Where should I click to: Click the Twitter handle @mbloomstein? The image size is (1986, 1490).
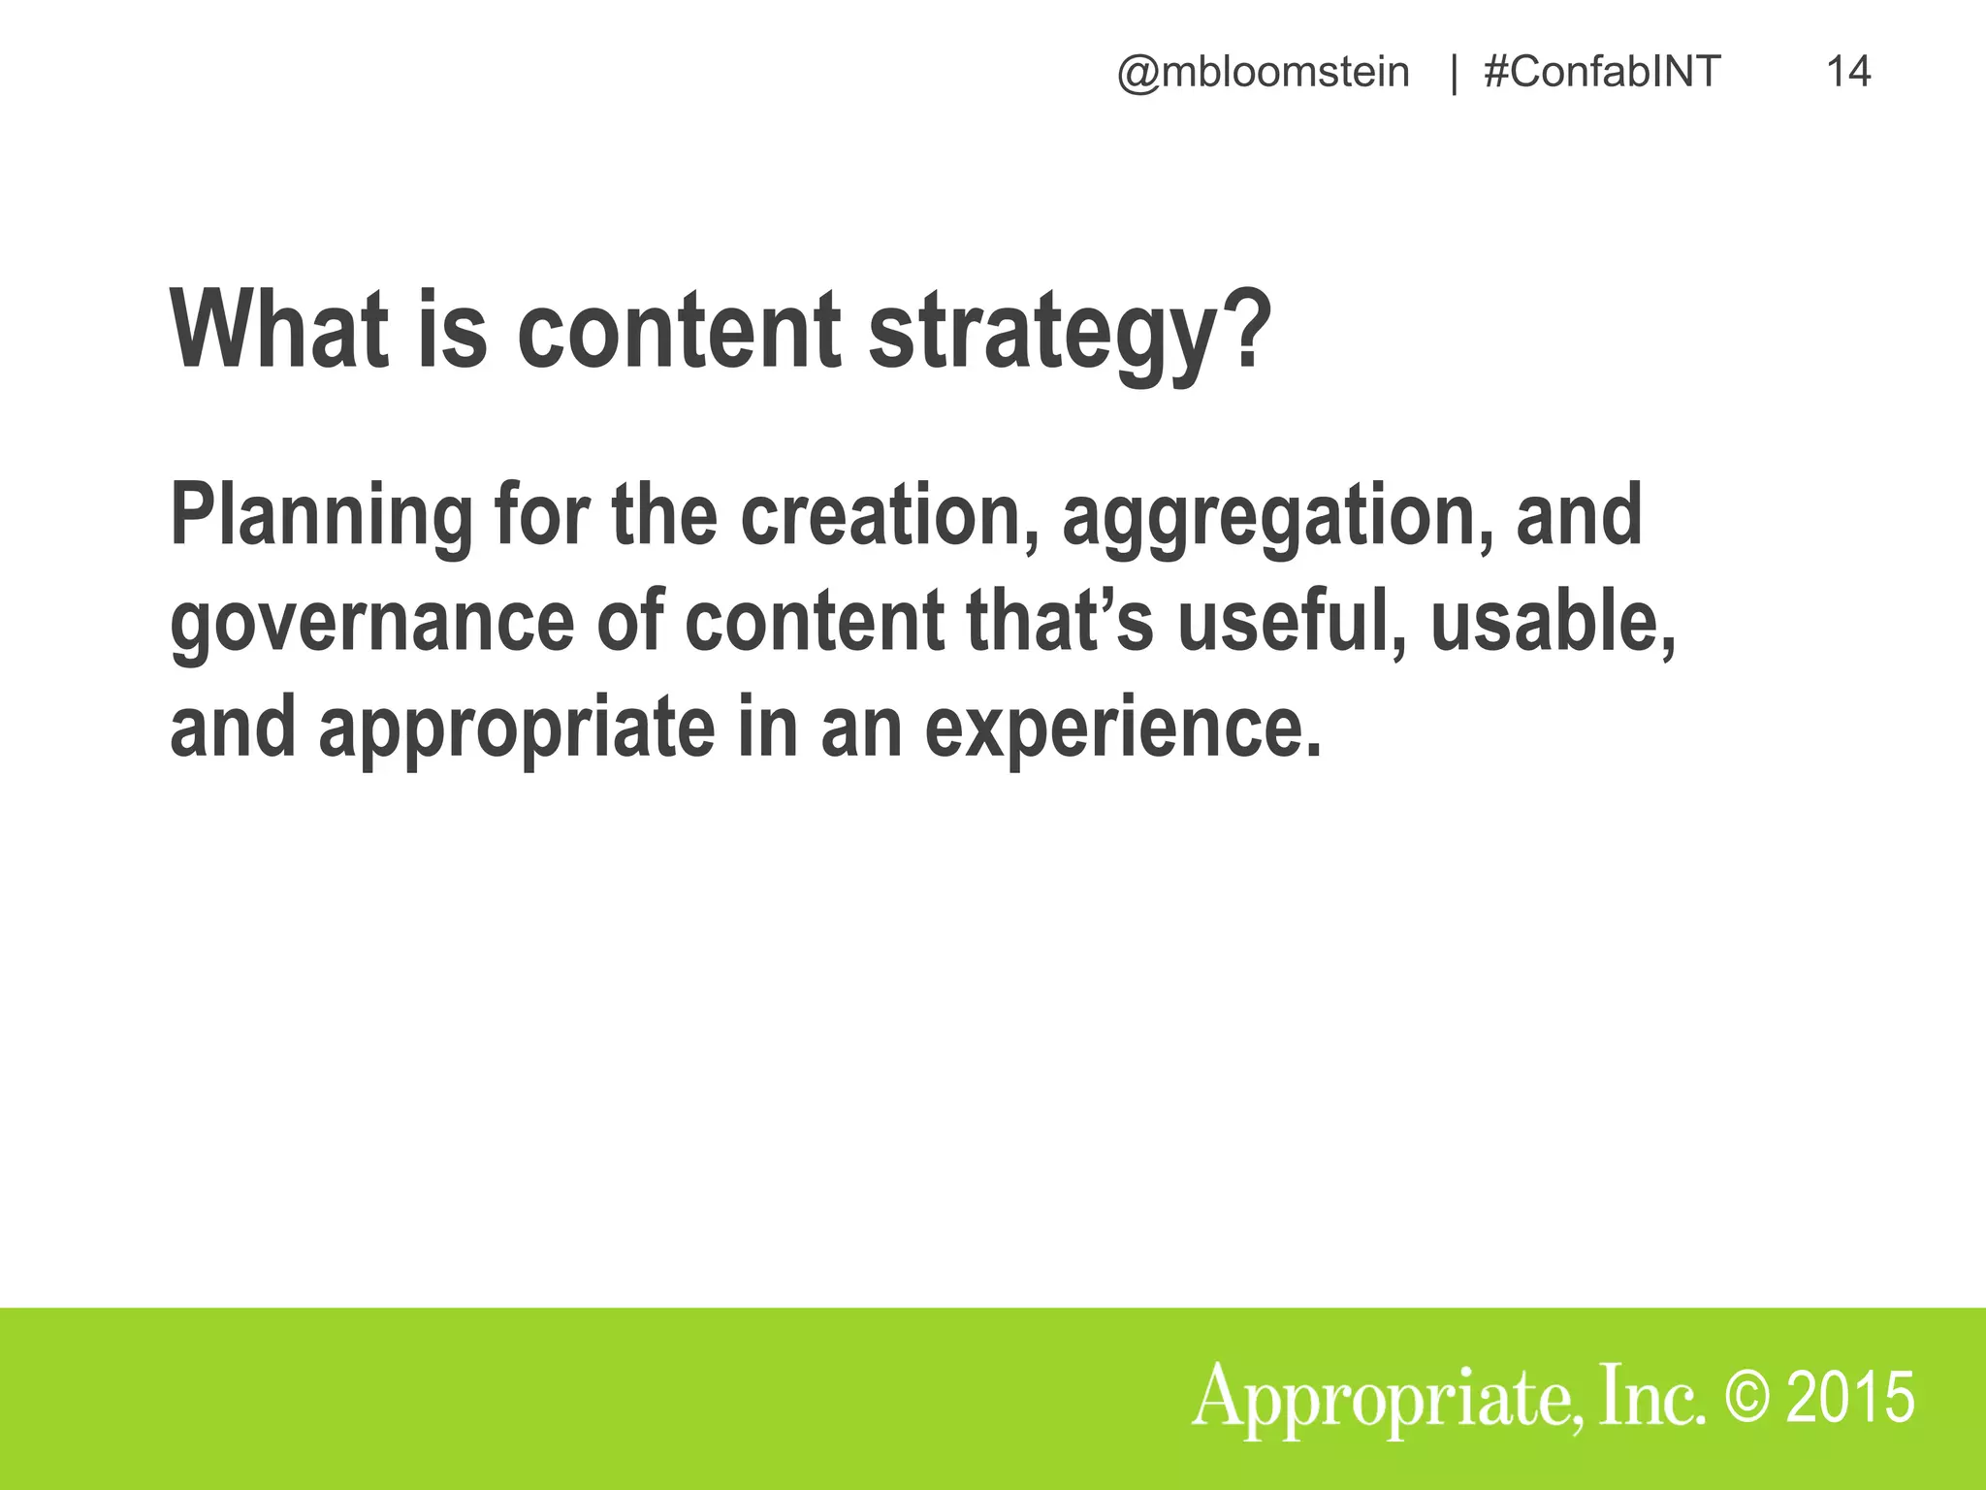(1263, 73)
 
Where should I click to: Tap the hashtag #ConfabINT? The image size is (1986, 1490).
(1602, 73)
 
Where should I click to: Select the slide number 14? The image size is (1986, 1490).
(1848, 73)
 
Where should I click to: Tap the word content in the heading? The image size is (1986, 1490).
(679, 330)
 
